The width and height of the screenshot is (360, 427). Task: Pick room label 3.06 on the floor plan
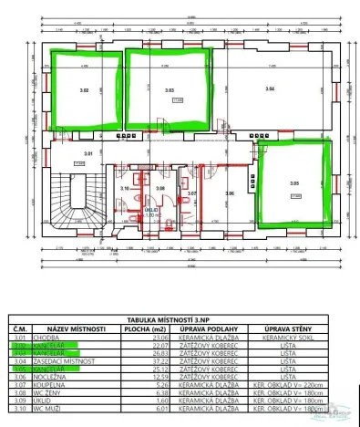pyautogui.click(x=230, y=193)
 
